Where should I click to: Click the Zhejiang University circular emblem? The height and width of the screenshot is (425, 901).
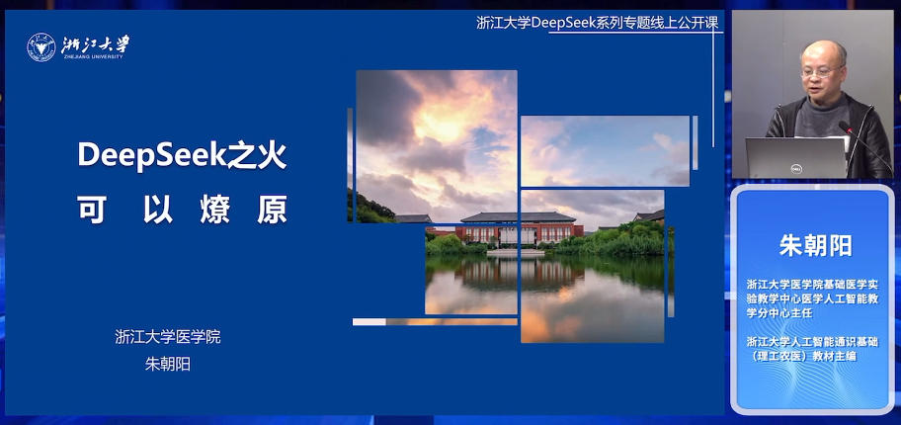coord(41,47)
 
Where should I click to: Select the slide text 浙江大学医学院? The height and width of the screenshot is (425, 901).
coord(167,336)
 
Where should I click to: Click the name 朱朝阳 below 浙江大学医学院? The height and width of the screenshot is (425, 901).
coord(167,364)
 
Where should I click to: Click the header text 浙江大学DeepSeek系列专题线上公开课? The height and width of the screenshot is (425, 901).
coord(599,23)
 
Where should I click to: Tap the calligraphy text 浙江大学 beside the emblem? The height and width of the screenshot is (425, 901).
coord(95,45)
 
